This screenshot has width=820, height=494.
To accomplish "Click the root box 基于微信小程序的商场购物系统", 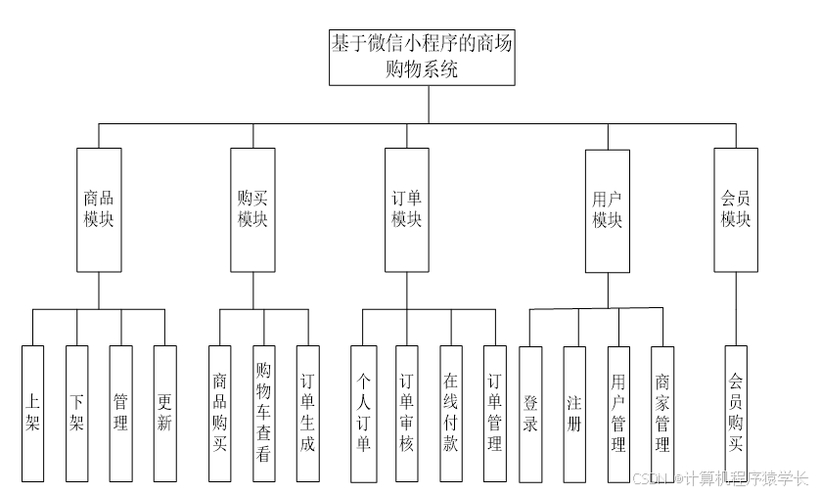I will click(x=421, y=56).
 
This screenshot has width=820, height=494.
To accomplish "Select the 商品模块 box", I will click(x=99, y=209).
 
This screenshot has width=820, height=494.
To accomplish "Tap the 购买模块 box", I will click(x=252, y=209).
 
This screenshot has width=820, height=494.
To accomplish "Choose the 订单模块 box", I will click(x=406, y=209).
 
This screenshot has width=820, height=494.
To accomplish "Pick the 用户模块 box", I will click(x=607, y=209).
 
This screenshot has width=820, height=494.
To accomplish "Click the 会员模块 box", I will click(x=736, y=209).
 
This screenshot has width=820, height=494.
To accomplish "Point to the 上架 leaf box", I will click(x=32, y=413).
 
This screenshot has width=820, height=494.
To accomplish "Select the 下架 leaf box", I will click(x=77, y=413).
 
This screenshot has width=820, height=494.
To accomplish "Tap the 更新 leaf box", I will click(x=165, y=413).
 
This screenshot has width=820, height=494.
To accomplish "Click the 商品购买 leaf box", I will click(x=219, y=413).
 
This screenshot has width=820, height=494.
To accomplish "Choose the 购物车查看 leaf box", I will click(x=263, y=413).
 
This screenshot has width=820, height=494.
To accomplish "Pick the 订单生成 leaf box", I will click(x=307, y=413).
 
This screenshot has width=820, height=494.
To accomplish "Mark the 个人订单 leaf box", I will click(x=362, y=413).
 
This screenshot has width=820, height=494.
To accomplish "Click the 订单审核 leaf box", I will click(x=407, y=413).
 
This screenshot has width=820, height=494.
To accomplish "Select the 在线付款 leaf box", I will click(x=451, y=413).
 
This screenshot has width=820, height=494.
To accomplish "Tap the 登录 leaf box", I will click(x=530, y=413).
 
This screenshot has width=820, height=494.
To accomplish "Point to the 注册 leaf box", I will click(x=574, y=413).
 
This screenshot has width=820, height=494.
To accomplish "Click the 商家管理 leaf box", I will click(x=662, y=413).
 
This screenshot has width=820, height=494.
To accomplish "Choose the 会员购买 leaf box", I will click(x=736, y=413).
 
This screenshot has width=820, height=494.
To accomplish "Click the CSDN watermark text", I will click(x=720, y=478).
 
